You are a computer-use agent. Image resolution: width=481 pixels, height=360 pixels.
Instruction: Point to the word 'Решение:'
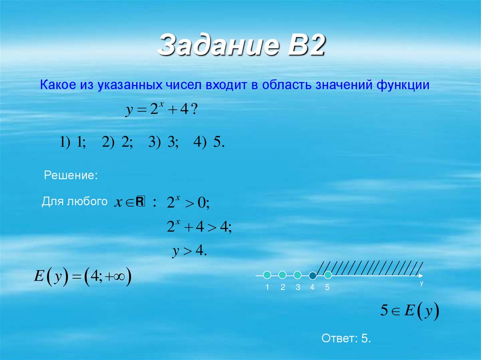(71, 176)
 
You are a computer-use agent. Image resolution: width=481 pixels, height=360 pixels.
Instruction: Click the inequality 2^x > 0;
(188, 203)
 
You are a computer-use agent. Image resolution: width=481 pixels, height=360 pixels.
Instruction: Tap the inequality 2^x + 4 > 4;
(199, 228)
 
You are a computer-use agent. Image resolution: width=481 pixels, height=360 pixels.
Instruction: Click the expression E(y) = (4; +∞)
(83, 276)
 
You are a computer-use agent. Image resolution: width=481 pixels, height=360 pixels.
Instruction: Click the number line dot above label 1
(267, 275)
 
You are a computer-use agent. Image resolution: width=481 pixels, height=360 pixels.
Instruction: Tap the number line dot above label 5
(328, 275)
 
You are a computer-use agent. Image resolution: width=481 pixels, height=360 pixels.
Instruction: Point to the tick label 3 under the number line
(298, 288)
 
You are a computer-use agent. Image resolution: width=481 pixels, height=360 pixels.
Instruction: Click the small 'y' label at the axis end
(421, 283)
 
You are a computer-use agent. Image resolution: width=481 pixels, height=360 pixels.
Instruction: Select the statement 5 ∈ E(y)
(409, 311)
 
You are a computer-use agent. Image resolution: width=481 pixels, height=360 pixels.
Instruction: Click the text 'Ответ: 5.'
(346, 338)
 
